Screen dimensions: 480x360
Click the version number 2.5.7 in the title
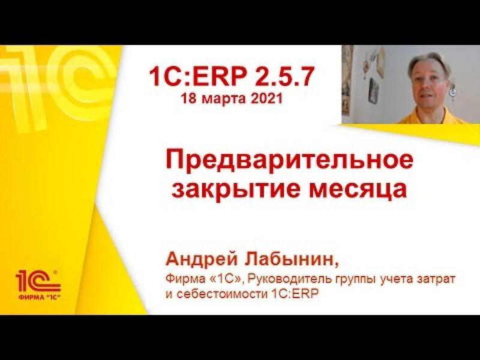pos(284,77)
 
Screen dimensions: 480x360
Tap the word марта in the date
pos(224,99)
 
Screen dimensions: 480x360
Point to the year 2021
pos(266,98)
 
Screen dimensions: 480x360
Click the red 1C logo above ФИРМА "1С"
pos(38,280)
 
